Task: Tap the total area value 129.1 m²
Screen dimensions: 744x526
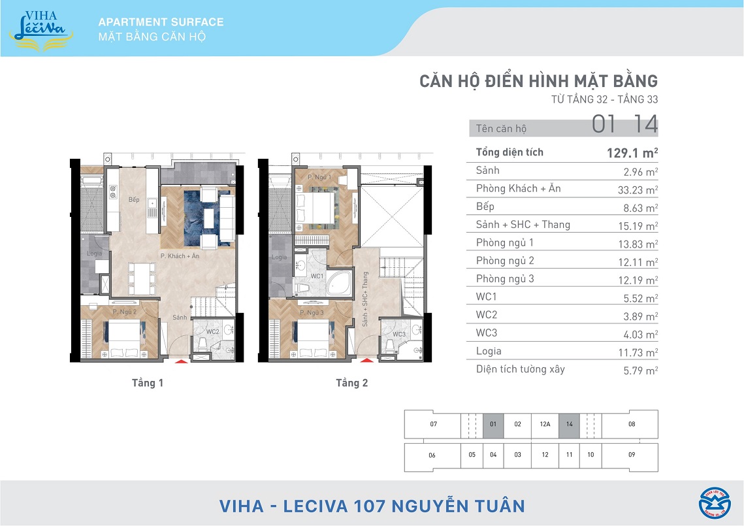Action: pyautogui.click(x=632, y=153)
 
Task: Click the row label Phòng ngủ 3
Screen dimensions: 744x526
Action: pyautogui.click(x=505, y=278)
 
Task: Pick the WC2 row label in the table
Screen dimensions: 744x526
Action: pyautogui.click(x=487, y=315)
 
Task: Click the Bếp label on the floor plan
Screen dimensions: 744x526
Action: pyautogui.click(x=134, y=199)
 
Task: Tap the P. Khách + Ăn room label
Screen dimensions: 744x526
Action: pyautogui.click(x=180, y=256)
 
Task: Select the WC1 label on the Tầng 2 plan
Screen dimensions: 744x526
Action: pyautogui.click(x=317, y=276)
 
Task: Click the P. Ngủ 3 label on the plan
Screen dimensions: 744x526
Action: pyautogui.click(x=312, y=312)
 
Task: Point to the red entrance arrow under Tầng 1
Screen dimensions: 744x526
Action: pyautogui.click(x=181, y=361)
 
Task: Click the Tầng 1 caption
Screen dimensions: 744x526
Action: pyautogui.click(x=148, y=383)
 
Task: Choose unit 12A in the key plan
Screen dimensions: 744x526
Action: pyautogui.click(x=545, y=424)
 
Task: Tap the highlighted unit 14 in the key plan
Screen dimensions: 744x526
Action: pyautogui.click(x=570, y=424)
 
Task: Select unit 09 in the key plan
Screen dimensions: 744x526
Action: pyautogui.click(x=632, y=454)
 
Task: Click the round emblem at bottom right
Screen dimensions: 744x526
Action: pyautogui.click(x=715, y=502)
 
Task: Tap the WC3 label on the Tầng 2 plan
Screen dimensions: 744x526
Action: pyautogui.click(x=399, y=334)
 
